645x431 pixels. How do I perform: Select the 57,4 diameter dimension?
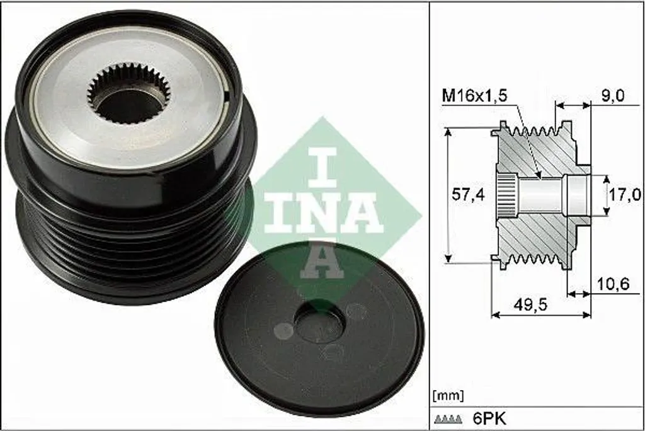pyautogui.click(x=468, y=195)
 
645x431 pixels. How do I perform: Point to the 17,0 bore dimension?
pyautogui.click(x=624, y=195)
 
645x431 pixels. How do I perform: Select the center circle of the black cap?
pyautogui.click(x=319, y=323)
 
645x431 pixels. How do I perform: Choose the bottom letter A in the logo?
pyautogui.click(x=321, y=261)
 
